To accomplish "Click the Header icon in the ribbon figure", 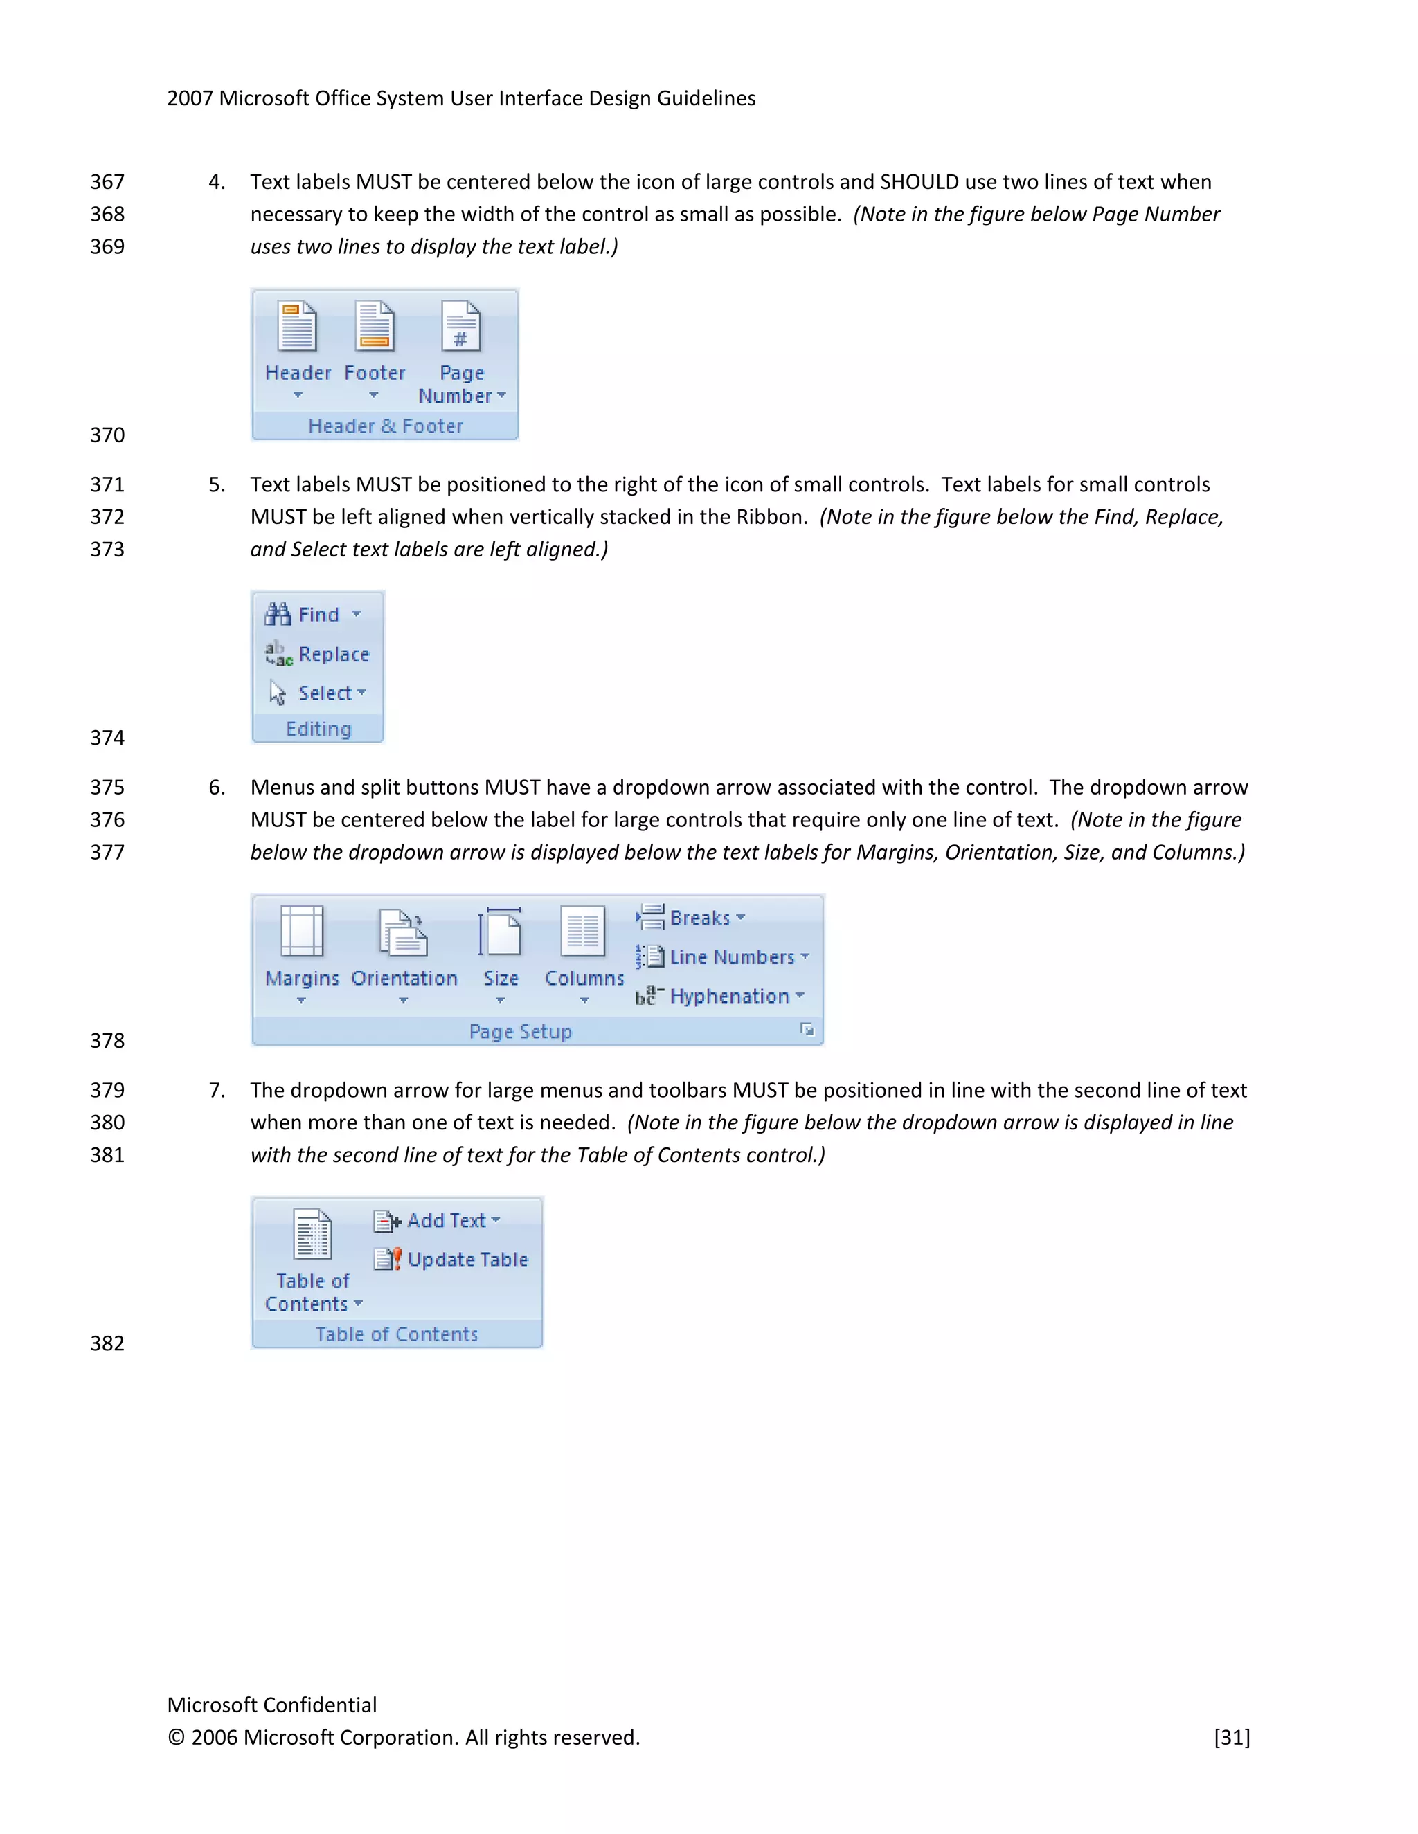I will coord(297,326).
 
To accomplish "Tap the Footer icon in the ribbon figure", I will coord(375,326).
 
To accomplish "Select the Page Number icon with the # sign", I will coord(461,326).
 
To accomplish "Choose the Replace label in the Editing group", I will coord(334,654).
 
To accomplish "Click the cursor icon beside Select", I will coord(277,693).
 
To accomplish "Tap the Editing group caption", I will coord(318,729).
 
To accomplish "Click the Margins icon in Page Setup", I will coord(302,932).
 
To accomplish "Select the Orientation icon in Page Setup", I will coord(403,932).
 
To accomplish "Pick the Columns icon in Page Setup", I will coord(583,932).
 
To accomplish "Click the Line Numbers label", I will coord(732,956).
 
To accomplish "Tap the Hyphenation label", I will coord(729,996).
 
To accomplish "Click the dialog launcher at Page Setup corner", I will coord(807,1030).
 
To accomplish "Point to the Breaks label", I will coord(700,918).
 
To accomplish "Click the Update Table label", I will coord(467,1260).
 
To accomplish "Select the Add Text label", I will coord(446,1220).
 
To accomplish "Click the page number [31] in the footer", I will coord(1232,1737).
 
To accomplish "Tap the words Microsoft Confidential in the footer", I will coord(271,1705).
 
